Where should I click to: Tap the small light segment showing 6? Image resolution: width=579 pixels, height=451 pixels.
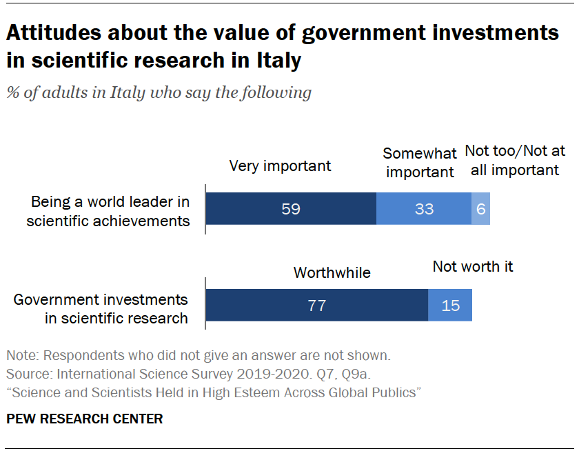480,209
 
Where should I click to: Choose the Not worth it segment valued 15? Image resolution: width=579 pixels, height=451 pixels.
450,305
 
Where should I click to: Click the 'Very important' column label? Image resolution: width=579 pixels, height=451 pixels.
280,166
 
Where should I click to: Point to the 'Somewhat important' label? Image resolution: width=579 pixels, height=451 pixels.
420,162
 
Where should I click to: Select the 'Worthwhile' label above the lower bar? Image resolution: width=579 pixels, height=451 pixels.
332,272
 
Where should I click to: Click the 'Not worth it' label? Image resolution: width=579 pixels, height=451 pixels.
473,266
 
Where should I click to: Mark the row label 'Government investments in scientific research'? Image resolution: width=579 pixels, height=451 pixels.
101,309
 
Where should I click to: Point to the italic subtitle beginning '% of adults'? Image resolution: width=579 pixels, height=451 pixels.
159,92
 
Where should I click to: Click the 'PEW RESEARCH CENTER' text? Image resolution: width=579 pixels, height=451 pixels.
85,419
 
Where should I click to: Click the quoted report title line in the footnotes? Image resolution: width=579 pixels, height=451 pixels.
214,392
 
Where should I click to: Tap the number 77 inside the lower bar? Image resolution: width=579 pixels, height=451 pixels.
316,305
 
